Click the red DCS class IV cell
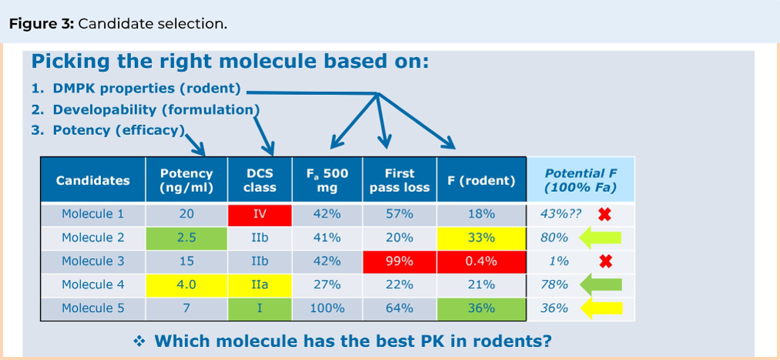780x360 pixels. (260, 214)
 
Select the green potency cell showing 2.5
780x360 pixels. (187, 238)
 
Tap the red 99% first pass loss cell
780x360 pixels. (399, 261)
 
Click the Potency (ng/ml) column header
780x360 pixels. (187, 180)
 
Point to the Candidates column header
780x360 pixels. (92, 180)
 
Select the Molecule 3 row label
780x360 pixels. (92, 261)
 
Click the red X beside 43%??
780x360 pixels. (605, 215)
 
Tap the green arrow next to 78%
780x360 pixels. (600, 285)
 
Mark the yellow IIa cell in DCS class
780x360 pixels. (260, 285)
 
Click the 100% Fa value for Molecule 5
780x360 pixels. (327, 308)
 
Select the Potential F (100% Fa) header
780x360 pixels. (580, 180)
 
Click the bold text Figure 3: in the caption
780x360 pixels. (41, 23)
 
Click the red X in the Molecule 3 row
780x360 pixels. (605, 262)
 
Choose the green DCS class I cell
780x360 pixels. (260, 308)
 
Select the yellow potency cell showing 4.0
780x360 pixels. (187, 285)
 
